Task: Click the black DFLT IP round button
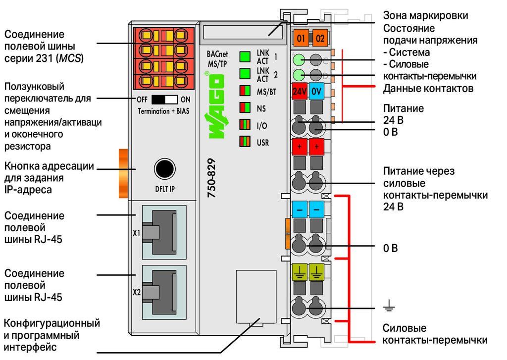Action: (165, 169)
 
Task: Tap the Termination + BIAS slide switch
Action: (164, 100)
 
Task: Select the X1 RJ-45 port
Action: (164, 232)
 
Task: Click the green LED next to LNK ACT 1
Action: (245, 56)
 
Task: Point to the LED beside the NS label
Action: (245, 107)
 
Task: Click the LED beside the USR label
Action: (245, 141)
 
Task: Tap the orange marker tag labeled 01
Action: (301, 38)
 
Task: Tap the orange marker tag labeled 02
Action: (320, 38)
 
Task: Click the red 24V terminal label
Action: (300, 92)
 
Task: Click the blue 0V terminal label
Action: (316, 92)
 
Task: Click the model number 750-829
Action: (211, 178)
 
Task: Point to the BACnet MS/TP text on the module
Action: (217, 59)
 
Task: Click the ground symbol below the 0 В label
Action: (389, 306)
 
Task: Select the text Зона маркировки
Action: (425, 15)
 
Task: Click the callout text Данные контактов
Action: (428, 88)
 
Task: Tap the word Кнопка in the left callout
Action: (22, 166)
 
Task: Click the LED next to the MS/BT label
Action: (245, 91)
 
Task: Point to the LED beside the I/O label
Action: (245, 124)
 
